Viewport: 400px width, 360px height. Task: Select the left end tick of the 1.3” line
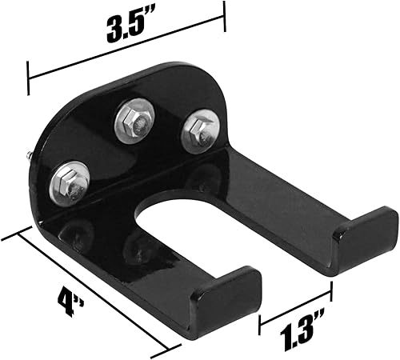(261, 324)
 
